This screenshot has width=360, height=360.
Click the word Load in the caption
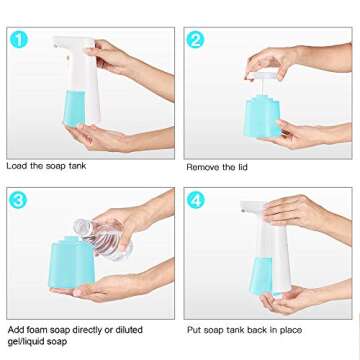[x=18, y=166]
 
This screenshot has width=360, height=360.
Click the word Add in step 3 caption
[x=16, y=328]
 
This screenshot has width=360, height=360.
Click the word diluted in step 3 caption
[x=147, y=328]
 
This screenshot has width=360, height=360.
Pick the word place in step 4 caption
[x=315, y=328]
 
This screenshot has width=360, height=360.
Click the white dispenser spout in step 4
[x=258, y=207]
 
